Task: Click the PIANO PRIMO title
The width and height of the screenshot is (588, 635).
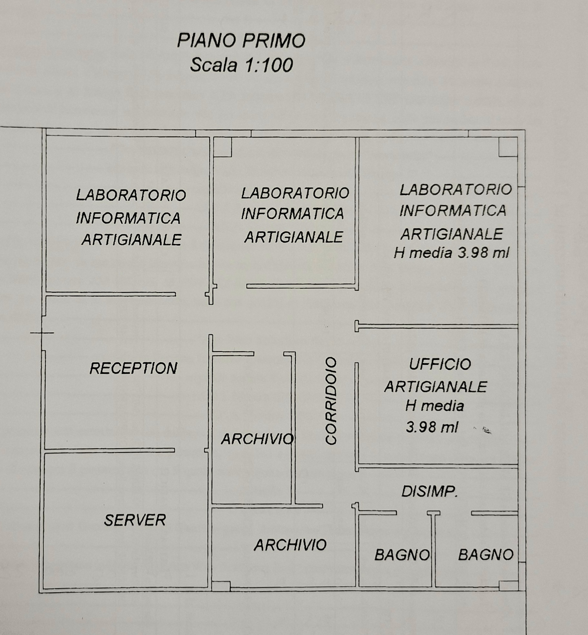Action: point(241,41)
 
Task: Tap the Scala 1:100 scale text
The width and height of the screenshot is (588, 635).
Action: point(241,65)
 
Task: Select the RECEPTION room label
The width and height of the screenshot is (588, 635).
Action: point(133,368)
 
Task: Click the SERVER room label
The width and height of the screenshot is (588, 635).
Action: point(135,520)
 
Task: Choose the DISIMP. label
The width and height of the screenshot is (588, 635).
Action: point(429,491)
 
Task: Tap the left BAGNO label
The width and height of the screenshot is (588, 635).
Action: point(402,555)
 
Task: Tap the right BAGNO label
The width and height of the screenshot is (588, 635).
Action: point(485,555)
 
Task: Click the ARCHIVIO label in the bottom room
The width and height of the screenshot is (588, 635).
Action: point(290,545)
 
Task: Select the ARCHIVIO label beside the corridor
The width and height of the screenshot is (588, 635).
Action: point(257,439)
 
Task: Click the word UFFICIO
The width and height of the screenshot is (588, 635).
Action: point(440,364)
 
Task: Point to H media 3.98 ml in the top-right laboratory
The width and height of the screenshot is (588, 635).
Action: point(451,253)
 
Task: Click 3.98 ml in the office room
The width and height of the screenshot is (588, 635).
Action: point(432,427)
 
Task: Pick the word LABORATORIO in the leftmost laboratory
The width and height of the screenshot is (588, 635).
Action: point(131,195)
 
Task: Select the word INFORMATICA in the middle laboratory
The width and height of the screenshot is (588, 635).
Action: point(292,214)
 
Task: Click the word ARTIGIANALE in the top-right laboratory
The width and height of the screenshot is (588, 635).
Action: point(451,234)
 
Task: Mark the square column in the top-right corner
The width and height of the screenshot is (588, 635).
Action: point(508,147)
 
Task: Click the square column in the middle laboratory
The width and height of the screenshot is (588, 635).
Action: point(222,147)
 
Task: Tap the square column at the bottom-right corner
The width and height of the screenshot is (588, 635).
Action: point(508,585)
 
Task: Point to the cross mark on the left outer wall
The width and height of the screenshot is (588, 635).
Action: point(42,332)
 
